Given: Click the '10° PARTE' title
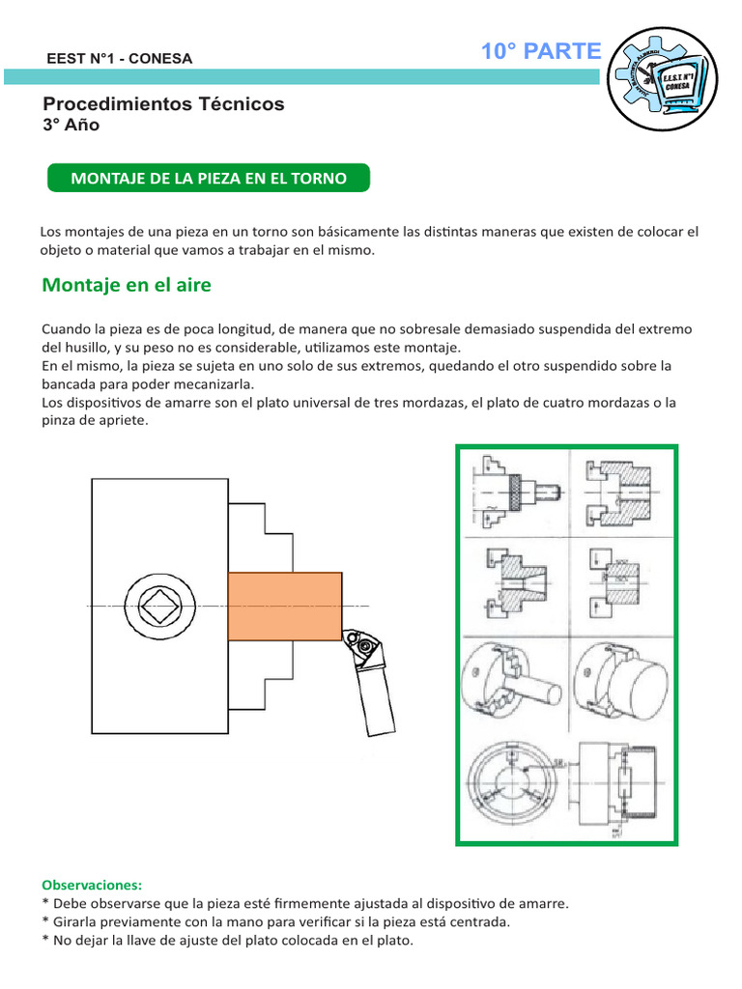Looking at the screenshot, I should (541, 52).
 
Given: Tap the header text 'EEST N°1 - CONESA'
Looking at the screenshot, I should (120, 59).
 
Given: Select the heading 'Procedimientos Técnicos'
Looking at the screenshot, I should (164, 104).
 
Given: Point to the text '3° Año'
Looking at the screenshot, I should (71, 126).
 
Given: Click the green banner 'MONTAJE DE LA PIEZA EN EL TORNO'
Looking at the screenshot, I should (209, 179).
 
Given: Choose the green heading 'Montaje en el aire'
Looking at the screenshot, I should (127, 286).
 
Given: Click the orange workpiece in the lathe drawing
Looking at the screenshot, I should (284, 605).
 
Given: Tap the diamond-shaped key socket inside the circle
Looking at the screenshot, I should (157, 607).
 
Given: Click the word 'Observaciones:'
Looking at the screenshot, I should (92, 885).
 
